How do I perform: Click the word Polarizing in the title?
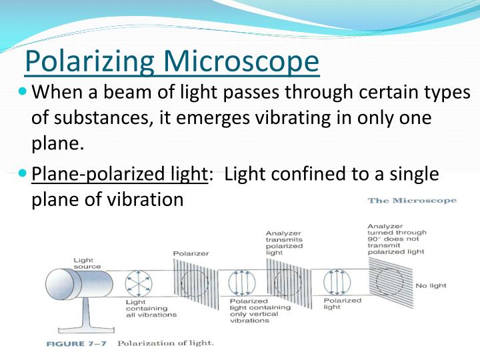click(91, 61)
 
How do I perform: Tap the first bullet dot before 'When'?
click(23, 91)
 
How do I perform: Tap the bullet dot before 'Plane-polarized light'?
click(23, 174)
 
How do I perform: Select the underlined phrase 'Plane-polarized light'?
click(119, 175)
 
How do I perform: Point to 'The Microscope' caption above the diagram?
click(411, 201)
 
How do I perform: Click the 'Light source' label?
click(87, 263)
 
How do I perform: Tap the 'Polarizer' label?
click(190, 253)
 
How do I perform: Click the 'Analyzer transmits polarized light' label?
click(284, 243)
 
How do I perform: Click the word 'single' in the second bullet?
click(407, 175)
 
